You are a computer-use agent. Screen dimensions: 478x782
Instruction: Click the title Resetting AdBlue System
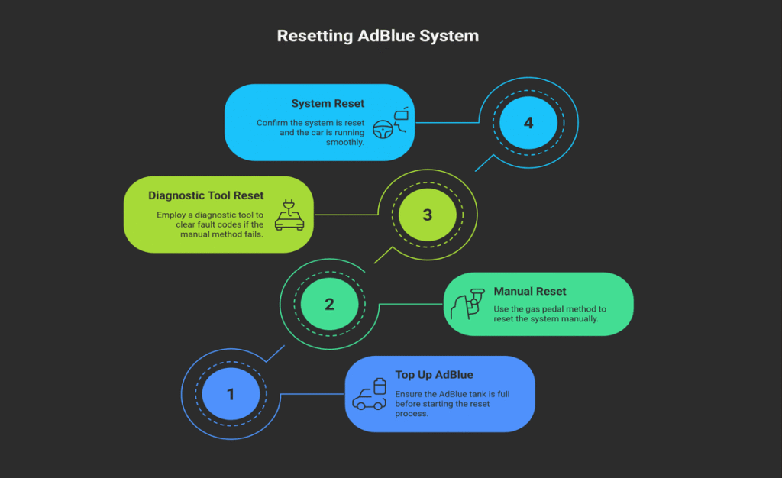point(377,37)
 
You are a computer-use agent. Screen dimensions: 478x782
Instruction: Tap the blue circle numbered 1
point(231,394)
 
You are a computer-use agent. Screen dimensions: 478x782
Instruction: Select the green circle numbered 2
point(329,304)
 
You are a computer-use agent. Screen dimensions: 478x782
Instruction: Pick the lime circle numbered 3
point(427,215)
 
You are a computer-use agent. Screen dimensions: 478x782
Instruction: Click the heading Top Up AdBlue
point(434,375)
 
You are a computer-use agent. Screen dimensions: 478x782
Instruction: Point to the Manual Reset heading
point(530,291)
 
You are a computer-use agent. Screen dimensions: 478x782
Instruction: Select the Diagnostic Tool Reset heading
point(206,195)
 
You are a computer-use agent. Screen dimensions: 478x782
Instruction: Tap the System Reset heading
point(328,104)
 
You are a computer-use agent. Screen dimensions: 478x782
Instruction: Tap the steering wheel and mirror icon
point(392,124)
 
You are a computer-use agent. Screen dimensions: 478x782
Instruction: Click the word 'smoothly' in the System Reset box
point(346,142)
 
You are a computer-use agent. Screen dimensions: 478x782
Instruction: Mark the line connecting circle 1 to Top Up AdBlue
point(313,394)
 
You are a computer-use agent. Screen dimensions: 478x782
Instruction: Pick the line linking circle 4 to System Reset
point(447,123)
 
